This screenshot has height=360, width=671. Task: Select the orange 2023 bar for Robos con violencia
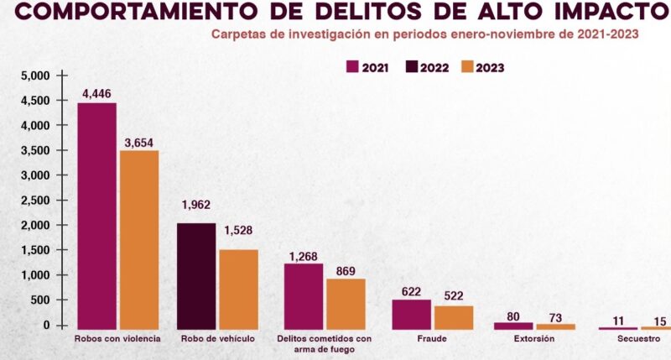point(138,239)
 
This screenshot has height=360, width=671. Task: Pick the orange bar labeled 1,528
point(238,288)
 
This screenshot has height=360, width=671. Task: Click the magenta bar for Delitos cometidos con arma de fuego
point(303,295)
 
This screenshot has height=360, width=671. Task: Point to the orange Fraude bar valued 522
point(453,316)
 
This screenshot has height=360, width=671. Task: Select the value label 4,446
point(97,93)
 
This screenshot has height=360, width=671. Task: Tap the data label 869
point(345,271)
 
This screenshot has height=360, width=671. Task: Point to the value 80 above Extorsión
point(514,317)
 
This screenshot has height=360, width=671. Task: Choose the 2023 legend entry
point(482,67)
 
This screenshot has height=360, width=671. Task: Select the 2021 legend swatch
point(352,67)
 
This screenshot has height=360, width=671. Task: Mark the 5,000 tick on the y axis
point(38,76)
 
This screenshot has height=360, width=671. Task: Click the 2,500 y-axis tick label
point(38,201)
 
